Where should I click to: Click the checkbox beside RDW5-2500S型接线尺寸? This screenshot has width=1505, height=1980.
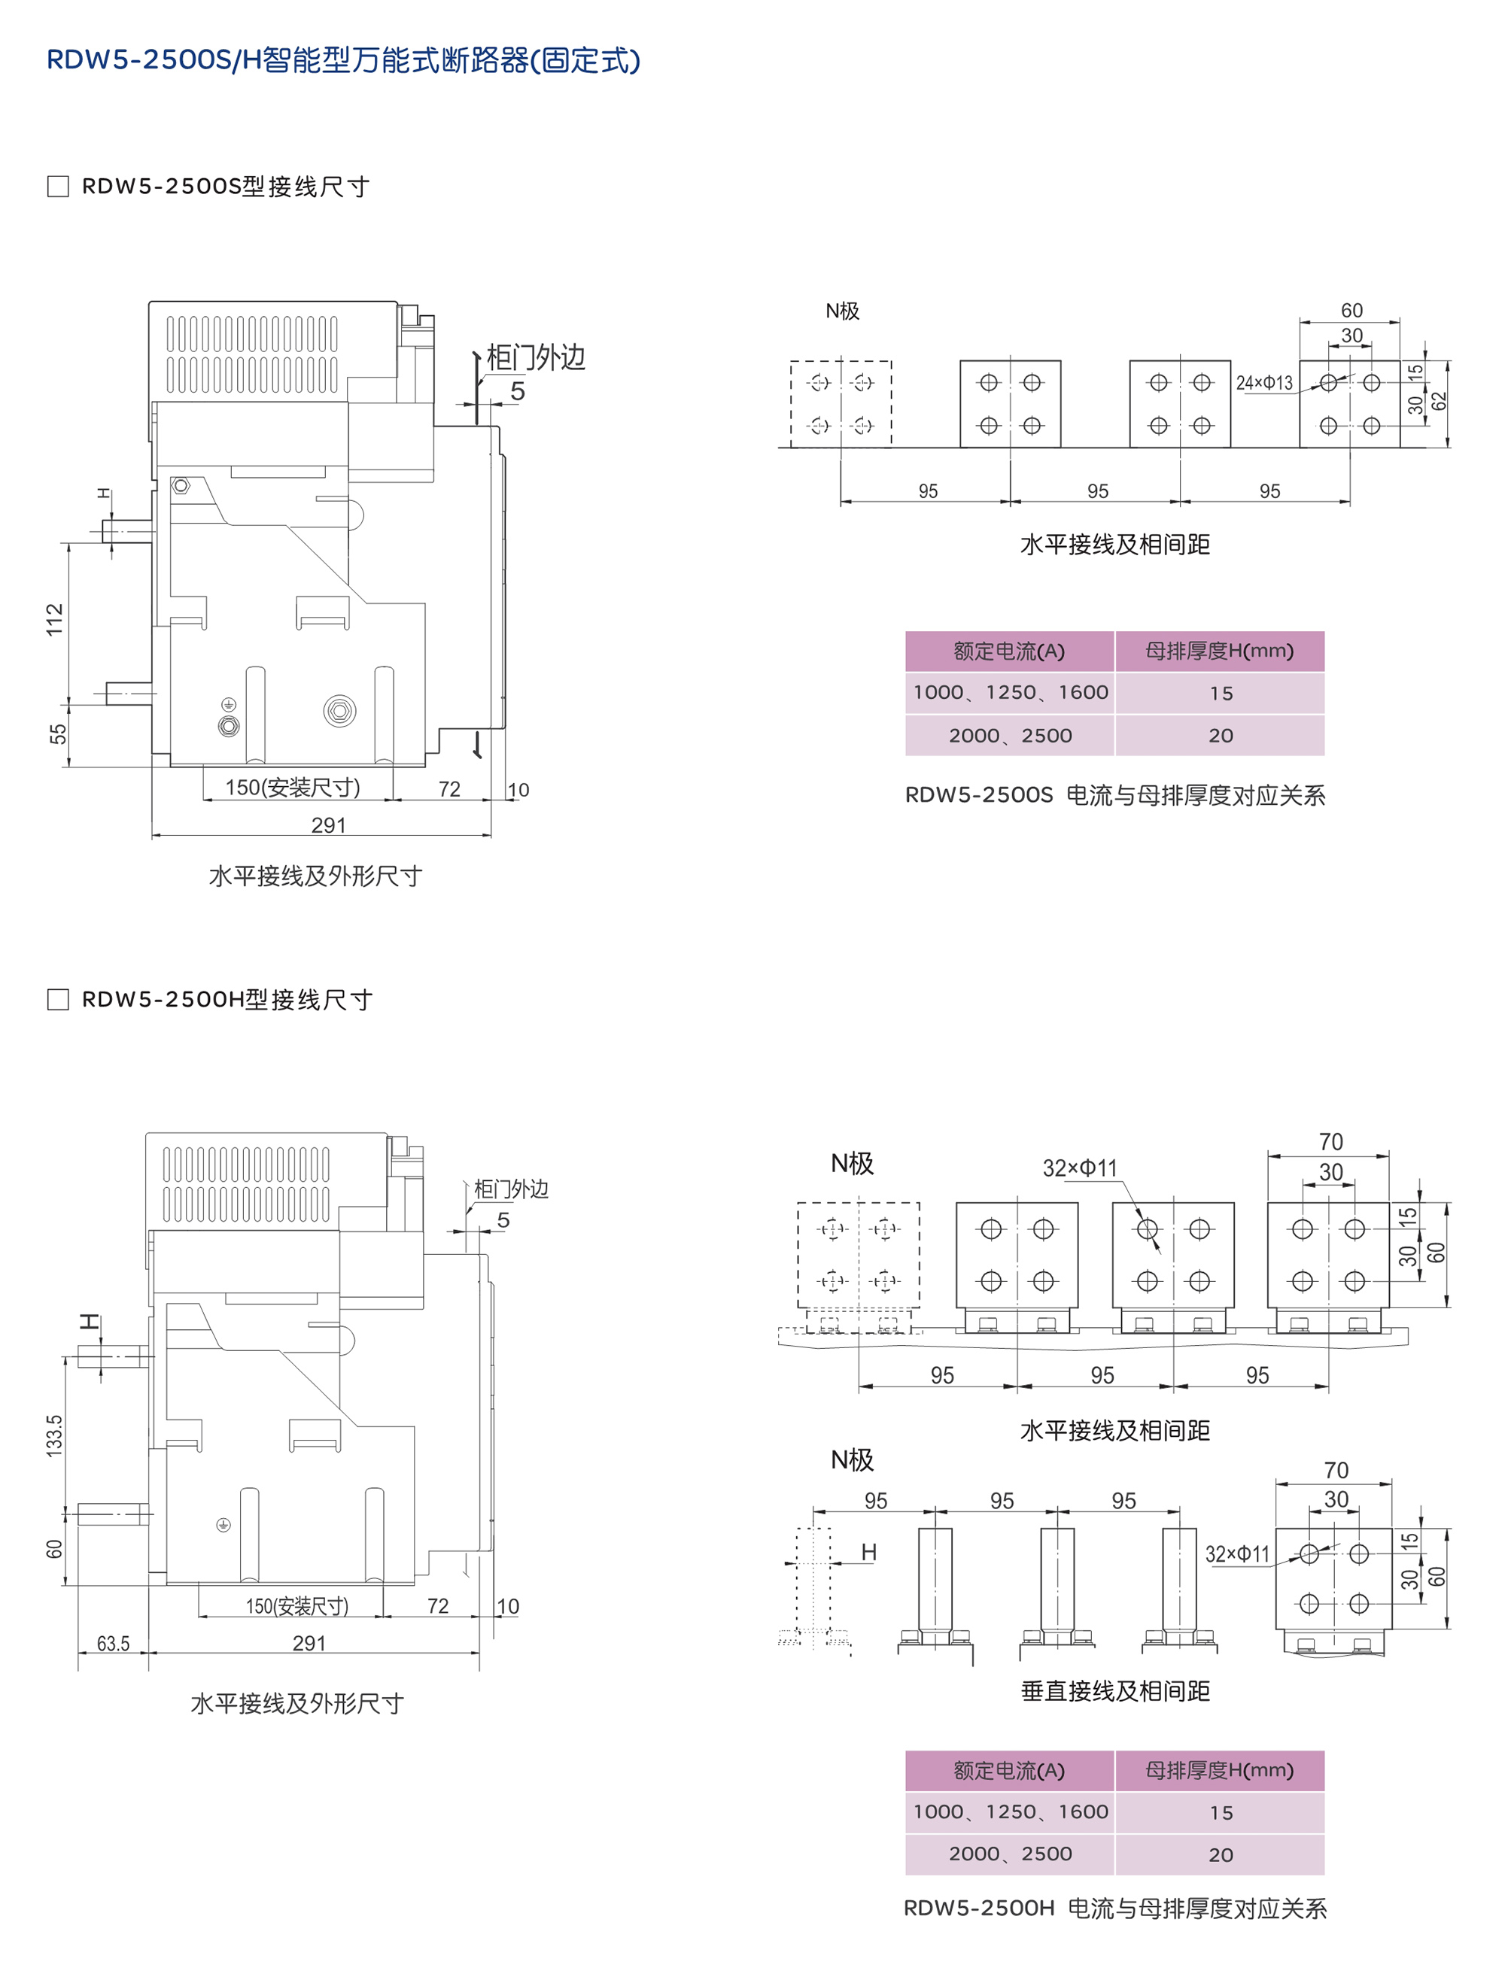click(58, 187)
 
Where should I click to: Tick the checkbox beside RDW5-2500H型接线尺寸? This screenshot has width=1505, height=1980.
click(58, 999)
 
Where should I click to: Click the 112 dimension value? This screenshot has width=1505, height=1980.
click(56, 620)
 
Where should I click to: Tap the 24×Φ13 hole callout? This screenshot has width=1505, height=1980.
click(1264, 383)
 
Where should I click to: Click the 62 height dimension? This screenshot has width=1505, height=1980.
click(1439, 401)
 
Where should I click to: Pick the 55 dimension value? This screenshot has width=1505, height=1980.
click(58, 734)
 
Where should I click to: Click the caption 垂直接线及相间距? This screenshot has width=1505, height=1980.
click(1115, 1690)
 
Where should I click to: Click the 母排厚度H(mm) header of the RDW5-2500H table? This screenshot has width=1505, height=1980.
click(1219, 1770)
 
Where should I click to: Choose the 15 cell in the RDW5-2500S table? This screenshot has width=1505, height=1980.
click(1220, 693)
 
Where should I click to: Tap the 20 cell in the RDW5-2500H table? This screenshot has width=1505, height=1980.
click(1220, 1854)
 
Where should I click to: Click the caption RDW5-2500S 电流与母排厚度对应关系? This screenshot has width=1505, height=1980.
click(1114, 795)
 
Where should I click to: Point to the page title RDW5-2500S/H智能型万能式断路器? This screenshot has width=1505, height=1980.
click(343, 60)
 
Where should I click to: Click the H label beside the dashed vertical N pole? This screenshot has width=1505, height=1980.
click(868, 1552)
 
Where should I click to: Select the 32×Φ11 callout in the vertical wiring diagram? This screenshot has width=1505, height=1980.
click(1236, 1553)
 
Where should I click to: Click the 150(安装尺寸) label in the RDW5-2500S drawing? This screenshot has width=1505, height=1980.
click(292, 787)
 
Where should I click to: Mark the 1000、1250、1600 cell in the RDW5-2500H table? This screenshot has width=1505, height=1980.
click(1010, 1811)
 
